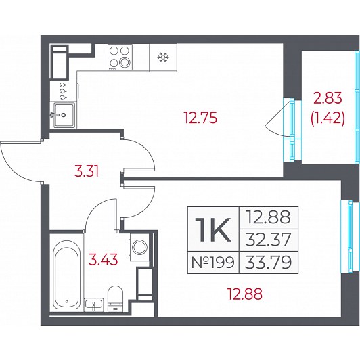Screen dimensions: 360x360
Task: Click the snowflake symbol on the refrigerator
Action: tap(163, 57)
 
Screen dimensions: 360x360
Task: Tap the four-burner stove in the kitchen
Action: tap(120, 57)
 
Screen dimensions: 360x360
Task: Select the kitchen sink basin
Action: tap(64, 114)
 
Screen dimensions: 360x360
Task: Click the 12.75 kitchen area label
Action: tap(200, 118)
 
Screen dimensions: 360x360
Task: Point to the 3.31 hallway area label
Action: tap(87, 171)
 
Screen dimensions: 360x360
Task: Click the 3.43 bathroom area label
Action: tap(104, 259)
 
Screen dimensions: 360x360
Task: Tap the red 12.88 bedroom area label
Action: tap(244, 294)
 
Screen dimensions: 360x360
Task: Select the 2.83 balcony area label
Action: tap(328, 99)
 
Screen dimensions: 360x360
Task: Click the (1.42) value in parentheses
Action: tap(328, 119)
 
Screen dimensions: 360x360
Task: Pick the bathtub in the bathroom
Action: tap(66, 275)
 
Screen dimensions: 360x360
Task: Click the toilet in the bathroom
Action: tap(116, 298)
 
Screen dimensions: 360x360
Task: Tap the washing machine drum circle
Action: tap(139, 247)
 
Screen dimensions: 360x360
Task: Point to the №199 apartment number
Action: tap(213, 262)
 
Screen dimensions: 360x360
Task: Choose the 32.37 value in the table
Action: tap(268, 240)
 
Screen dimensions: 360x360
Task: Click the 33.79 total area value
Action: tap(268, 262)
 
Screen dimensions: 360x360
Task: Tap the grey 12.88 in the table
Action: tap(268, 217)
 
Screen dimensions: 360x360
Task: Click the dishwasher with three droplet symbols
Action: tap(64, 91)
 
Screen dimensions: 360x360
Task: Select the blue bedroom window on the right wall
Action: tap(350, 237)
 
